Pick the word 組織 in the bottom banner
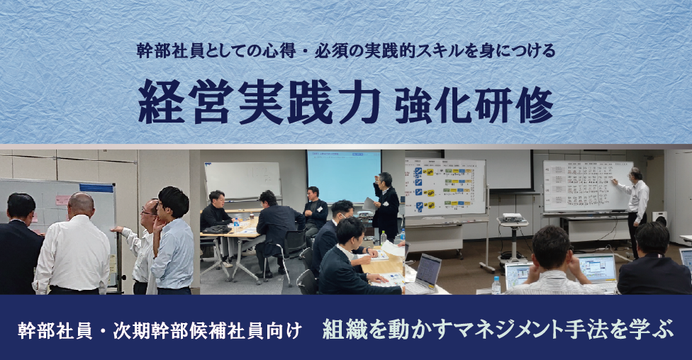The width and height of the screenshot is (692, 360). (x=340, y=329)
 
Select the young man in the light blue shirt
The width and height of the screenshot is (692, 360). (x=173, y=241)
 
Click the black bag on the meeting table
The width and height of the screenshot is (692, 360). (x=217, y=229)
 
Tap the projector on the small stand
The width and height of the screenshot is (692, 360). (x=513, y=218)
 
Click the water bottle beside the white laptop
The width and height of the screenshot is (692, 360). (x=496, y=284)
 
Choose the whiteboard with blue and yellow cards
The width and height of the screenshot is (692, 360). (x=445, y=186)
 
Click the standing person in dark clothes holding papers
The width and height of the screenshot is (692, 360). (x=386, y=206)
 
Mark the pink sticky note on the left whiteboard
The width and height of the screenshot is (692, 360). (x=63, y=200)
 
